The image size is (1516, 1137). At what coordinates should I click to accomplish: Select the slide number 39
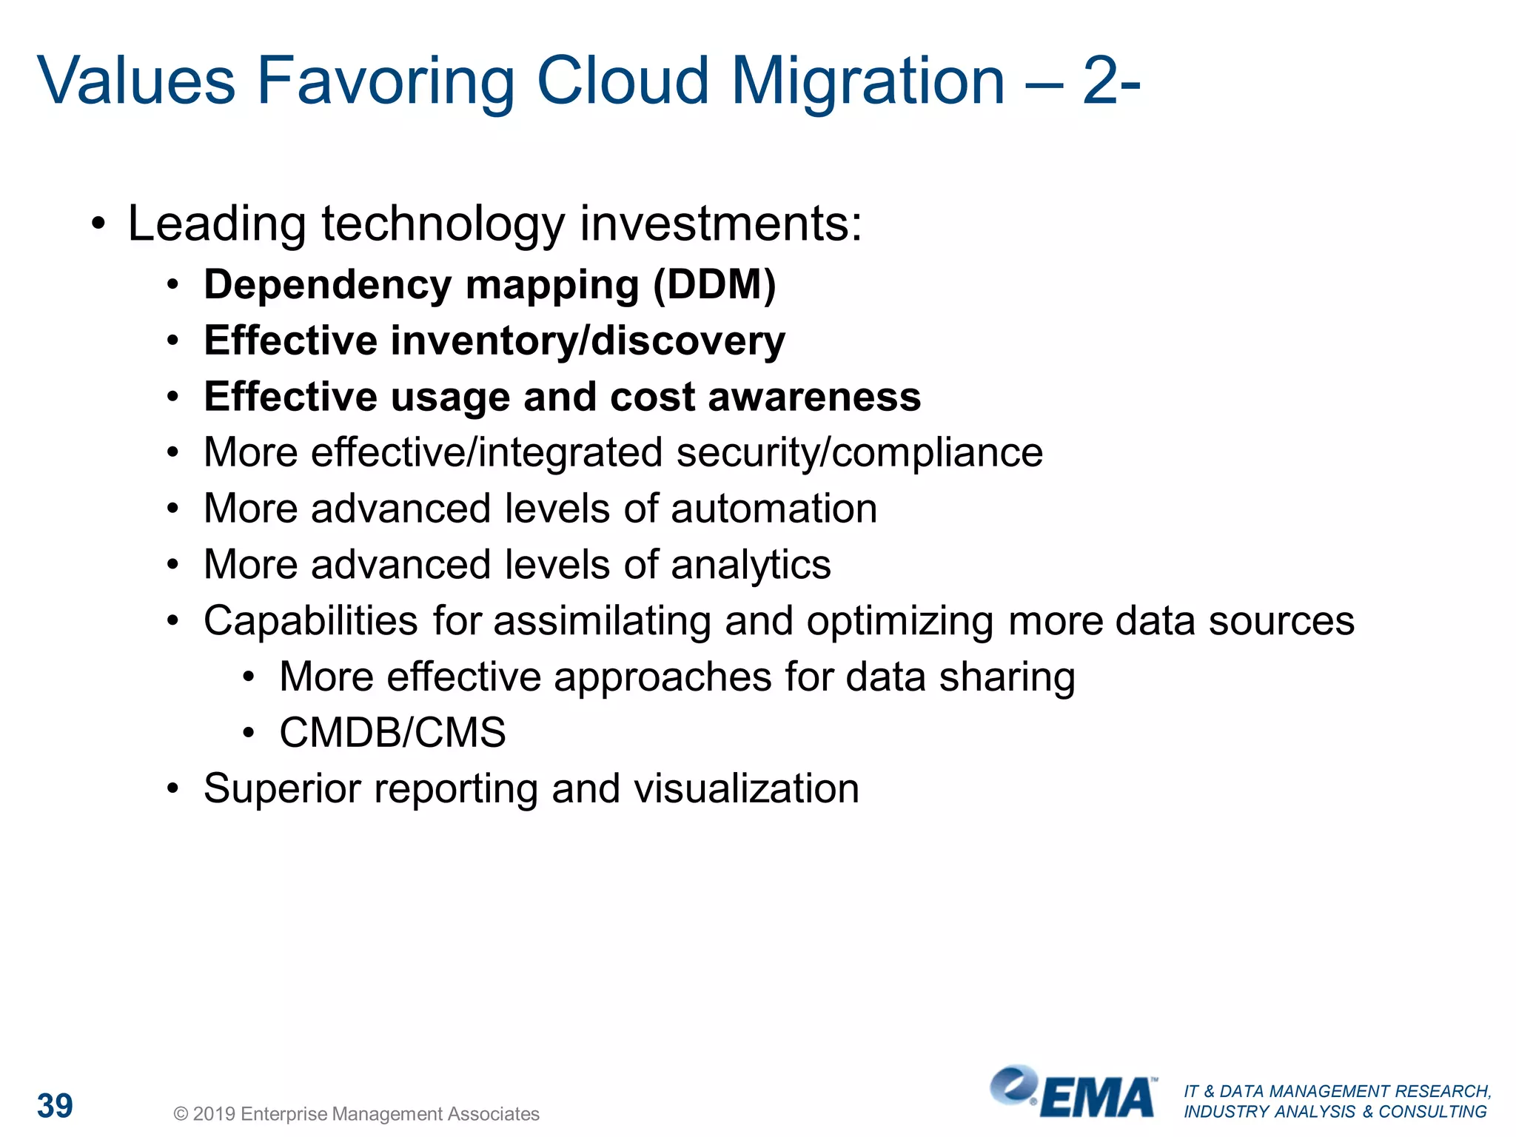(x=55, y=1106)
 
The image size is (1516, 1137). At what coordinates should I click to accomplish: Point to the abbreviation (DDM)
(x=714, y=285)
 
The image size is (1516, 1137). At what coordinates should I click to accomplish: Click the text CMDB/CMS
(x=392, y=733)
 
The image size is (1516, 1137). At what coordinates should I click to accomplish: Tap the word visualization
(x=746, y=788)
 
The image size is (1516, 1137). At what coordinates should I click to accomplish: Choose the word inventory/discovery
(x=588, y=341)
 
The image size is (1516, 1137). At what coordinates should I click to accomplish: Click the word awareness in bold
(x=814, y=397)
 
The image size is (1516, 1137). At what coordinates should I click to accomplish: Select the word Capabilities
(x=310, y=620)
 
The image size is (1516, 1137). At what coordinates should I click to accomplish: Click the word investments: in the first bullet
(x=721, y=224)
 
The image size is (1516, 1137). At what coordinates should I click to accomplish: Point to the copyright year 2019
(x=214, y=1114)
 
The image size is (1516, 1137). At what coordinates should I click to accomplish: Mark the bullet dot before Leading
(x=98, y=223)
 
